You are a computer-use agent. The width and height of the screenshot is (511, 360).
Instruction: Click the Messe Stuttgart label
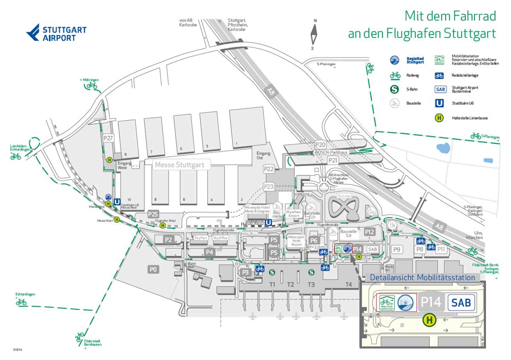tap(179, 164)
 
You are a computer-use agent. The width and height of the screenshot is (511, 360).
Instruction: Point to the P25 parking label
tap(153, 214)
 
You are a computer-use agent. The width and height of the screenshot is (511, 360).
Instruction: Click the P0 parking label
tap(153, 269)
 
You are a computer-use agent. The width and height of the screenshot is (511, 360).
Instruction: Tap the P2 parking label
tap(169, 240)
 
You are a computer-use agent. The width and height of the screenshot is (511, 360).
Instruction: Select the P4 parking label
tap(209, 252)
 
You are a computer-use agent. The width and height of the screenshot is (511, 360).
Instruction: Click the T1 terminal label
tap(273, 285)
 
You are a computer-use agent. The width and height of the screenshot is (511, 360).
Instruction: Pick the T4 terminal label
tap(349, 285)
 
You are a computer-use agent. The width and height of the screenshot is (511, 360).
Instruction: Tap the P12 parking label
tap(370, 232)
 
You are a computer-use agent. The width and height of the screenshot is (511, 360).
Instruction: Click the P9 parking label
tap(397, 249)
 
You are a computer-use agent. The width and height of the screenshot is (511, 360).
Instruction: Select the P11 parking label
tap(441, 249)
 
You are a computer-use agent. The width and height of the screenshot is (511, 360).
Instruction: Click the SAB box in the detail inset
tap(461, 302)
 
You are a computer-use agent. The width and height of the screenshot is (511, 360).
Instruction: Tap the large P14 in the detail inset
tap(431, 302)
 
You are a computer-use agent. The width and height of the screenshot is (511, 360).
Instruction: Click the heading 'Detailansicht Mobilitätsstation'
tap(422, 278)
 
